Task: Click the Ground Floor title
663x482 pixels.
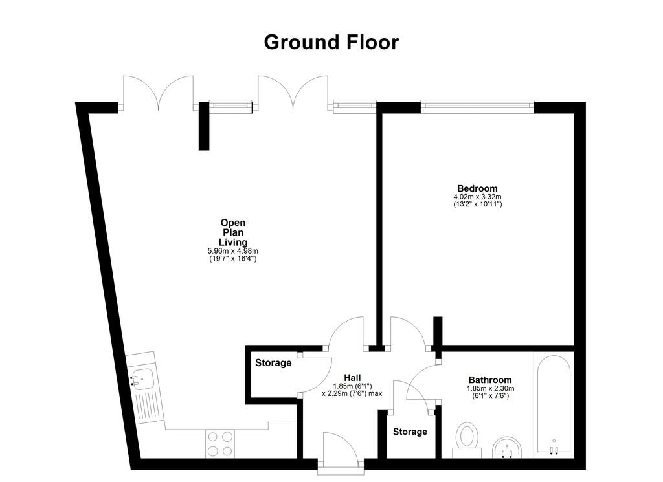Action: pyautogui.click(x=331, y=42)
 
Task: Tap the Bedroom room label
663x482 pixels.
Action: pyautogui.click(x=477, y=188)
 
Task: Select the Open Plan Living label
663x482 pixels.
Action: pyautogui.click(x=232, y=232)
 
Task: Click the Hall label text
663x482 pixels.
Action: pyautogui.click(x=352, y=378)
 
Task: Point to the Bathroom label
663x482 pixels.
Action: pyautogui.click(x=490, y=380)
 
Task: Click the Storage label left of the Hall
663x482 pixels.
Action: pyautogui.click(x=273, y=363)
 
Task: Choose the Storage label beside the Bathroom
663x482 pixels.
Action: pyautogui.click(x=410, y=432)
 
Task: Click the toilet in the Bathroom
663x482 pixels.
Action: pyautogui.click(x=467, y=437)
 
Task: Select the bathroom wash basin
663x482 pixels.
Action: pyautogui.click(x=509, y=447)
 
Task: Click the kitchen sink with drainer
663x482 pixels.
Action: pyautogui.click(x=142, y=388)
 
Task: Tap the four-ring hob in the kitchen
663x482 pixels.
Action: pyautogui.click(x=219, y=444)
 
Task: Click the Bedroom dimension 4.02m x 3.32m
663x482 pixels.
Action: pyautogui.click(x=478, y=197)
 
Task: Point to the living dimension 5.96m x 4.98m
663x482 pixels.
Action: pyautogui.click(x=232, y=251)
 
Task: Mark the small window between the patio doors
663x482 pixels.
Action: pyautogui.click(x=230, y=107)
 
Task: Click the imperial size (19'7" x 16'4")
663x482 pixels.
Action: pyautogui.click(x=232, y=259)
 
